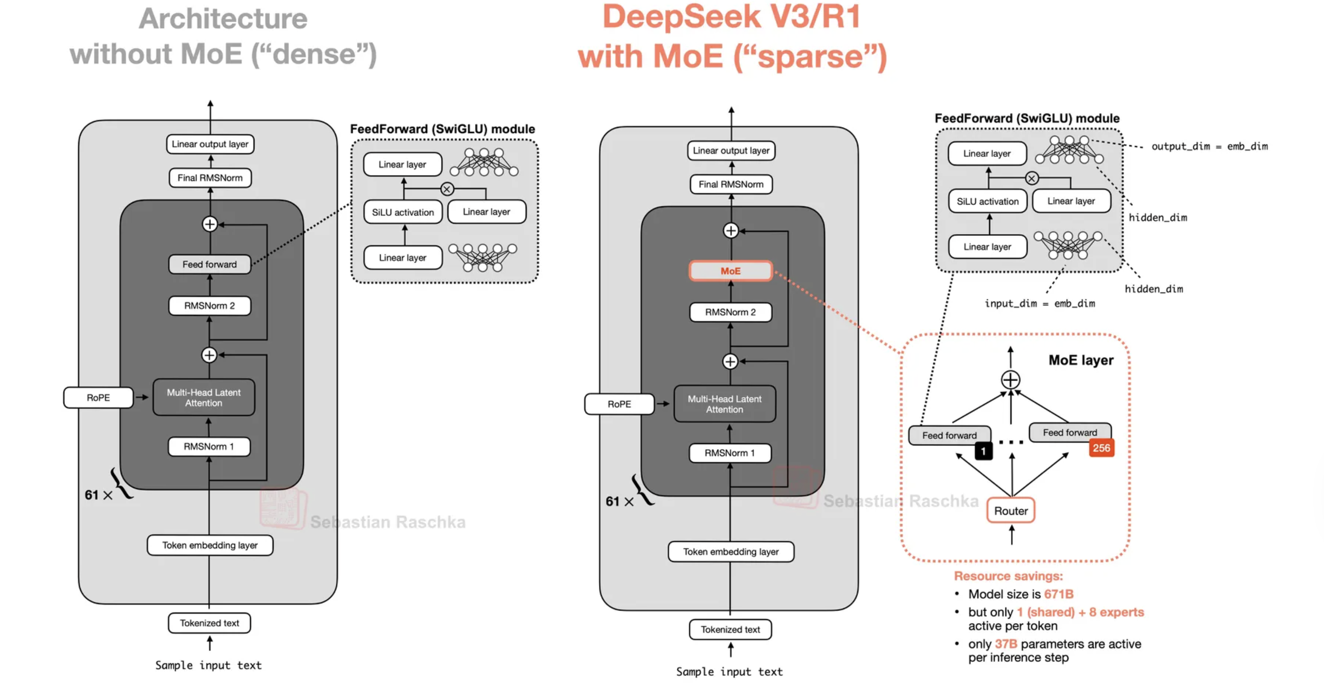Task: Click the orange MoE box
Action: (731, 271)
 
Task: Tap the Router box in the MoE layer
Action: (1010, 510)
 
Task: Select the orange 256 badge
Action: (1101, 448)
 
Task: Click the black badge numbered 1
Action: (983, 451)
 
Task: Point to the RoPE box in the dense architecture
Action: (98, 397)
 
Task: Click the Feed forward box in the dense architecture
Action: (210, 264)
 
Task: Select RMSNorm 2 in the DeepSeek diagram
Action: (731, 312)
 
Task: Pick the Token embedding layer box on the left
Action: (210, 545)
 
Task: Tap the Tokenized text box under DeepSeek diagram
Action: (731, 629)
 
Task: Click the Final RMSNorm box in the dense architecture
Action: (210, 178)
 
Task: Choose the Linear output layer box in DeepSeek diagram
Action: (731, 151)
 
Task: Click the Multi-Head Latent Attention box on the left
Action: (204, 397)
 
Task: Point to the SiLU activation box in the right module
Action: (987, 201)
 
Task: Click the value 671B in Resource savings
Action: (1058, 594)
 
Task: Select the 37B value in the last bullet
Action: (1006, 644)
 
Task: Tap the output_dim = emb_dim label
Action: (1209, 147)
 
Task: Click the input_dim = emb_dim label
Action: (1039, 304)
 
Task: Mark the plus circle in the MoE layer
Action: (1010, 380)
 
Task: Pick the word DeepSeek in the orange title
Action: (681, 16)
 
